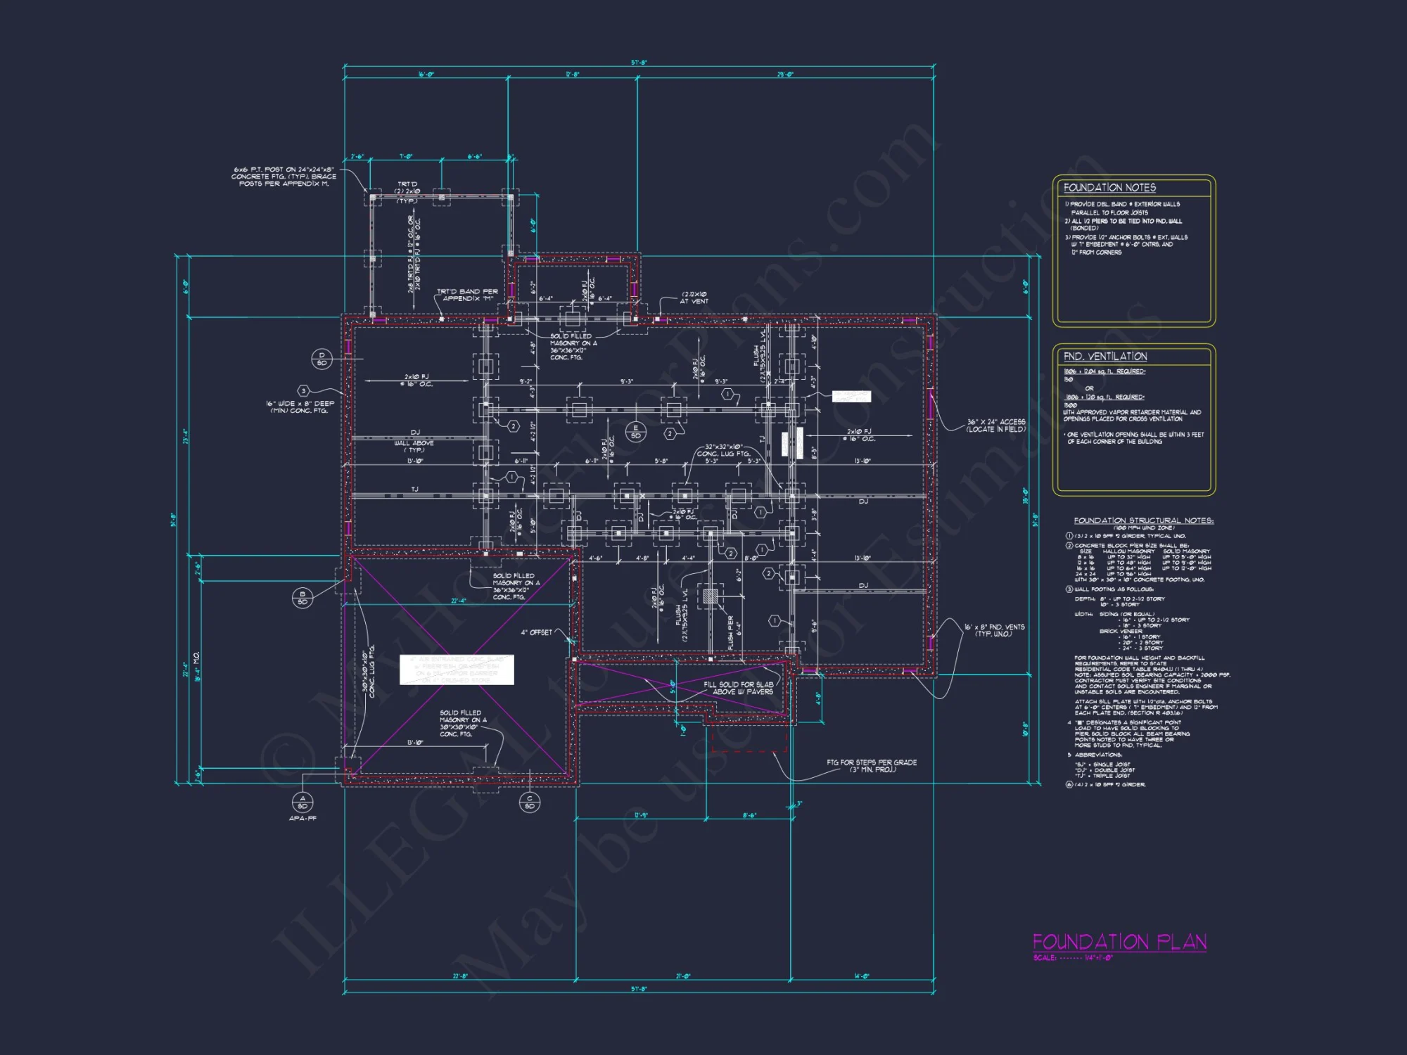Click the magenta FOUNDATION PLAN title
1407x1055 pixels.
coord(1119,942)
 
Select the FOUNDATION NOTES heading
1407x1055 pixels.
coord(1109,188)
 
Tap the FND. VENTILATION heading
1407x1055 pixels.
coord(1105,357)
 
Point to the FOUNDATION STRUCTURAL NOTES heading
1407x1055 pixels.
coord(1143,520)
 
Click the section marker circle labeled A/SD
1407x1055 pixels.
coord(303,803)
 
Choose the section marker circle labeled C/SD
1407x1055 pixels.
coord(530,803)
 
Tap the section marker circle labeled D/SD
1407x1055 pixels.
coord(321,359)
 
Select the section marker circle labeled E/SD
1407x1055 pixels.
coord(636,432)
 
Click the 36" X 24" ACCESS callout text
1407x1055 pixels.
coord(995,426)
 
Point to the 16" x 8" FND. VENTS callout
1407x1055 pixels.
coord(994,630)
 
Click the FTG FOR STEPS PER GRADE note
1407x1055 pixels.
coord(872,765)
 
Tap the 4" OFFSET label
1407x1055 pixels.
coord(536,632)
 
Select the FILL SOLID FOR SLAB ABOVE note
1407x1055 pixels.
coord(739,688)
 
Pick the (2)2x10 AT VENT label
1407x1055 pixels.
coord(694,298)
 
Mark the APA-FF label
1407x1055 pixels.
coord(303,819)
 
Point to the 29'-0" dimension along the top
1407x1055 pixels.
coord(785,75)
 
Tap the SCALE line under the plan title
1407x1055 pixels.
coord(1073,958)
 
